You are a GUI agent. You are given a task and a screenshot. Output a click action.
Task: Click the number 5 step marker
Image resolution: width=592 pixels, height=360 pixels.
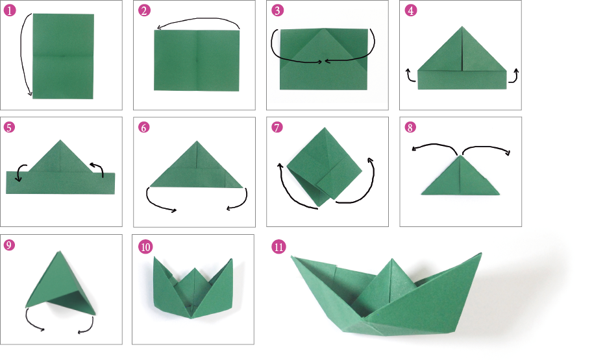pos(9,128)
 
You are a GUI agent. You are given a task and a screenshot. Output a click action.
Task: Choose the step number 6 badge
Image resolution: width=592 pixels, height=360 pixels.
pos(144,128)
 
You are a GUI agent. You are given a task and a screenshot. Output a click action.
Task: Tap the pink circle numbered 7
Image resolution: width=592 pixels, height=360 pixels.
pos(278,128)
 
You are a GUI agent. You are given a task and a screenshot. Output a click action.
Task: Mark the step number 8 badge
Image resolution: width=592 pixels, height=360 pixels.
pos(410,128)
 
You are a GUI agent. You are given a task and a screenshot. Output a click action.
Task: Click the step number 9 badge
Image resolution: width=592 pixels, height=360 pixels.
pos(9,245)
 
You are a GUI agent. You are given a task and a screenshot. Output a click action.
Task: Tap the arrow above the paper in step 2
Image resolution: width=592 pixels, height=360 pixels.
pos(198,21)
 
